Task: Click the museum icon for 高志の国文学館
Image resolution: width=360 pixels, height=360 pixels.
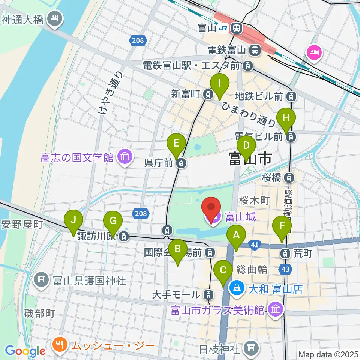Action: click(124, 157)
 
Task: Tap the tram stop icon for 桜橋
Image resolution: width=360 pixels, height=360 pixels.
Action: click(289, 177)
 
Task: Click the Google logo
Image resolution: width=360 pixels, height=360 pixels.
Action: click(25, 351)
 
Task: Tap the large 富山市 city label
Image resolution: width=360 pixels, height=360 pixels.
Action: click(250, 159)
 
